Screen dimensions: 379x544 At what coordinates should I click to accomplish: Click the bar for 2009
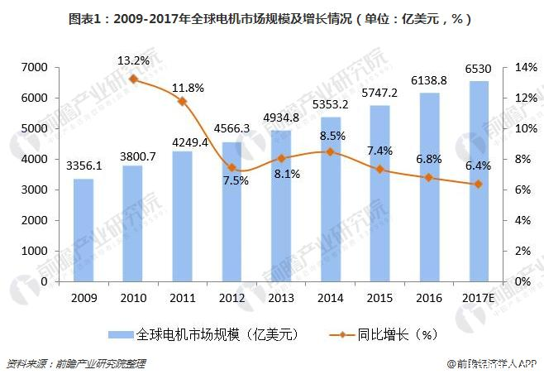point(84,230)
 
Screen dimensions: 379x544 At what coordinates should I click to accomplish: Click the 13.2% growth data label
point(133,60)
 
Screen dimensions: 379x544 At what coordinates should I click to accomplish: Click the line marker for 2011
point(182,101)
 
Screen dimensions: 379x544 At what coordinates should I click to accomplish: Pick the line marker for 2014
point(330,151)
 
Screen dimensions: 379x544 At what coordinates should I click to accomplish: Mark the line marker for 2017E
point(477,184)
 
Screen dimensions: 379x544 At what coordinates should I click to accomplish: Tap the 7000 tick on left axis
point(41,67)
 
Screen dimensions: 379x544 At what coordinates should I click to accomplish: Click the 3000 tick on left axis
point(41,189)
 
